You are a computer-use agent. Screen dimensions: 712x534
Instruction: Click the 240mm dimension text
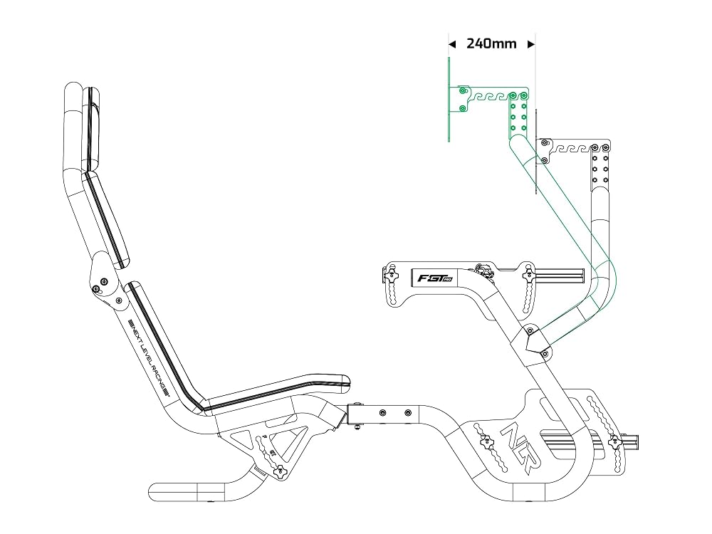point(491,43)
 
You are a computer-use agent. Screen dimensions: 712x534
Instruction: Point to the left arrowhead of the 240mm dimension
point(452,44)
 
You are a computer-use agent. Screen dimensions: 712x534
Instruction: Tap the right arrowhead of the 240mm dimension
point(531,44)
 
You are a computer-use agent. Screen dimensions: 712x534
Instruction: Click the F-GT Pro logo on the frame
point(434,278)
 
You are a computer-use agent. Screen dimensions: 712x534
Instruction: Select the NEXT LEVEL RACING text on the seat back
point(149,357)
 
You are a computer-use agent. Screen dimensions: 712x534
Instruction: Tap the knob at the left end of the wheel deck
point(390,274)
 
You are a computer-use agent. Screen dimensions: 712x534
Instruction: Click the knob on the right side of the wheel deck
point(528,274)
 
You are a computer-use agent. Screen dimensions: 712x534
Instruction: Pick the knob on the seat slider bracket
point(281,471)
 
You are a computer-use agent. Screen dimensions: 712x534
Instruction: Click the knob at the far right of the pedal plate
point(615,441)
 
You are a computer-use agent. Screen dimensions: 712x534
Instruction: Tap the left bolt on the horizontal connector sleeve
point(382,412)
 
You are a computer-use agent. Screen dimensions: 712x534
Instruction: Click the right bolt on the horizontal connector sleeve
point(408,413)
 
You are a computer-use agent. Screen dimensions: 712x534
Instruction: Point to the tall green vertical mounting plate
point(449,100)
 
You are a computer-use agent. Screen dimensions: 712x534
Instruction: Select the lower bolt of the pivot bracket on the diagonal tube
point(545,353)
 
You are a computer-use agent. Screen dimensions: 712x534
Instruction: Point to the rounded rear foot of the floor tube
point(155,492)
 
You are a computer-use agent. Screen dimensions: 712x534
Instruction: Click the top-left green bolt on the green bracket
point(463,91)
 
